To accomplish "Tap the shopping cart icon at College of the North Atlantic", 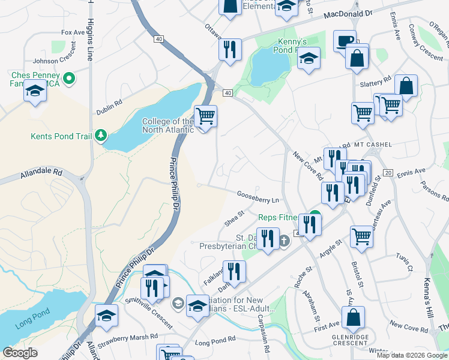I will [x=205, y=116].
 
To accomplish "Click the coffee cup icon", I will [x=345, y=41].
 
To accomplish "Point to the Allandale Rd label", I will [x=41, y=174].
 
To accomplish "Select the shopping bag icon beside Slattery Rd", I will [x=406, y=86].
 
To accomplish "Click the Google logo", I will [x=20, y=353].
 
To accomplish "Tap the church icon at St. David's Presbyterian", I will [x=284, y=242].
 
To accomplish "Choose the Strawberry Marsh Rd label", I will [x=130, y=337].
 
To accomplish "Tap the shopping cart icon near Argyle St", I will [x=361, y=235].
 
